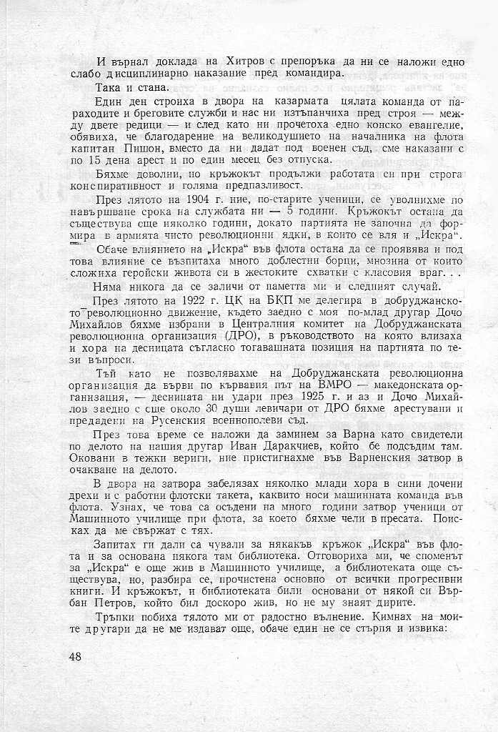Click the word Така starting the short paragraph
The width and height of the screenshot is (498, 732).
(x=109, y=87)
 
